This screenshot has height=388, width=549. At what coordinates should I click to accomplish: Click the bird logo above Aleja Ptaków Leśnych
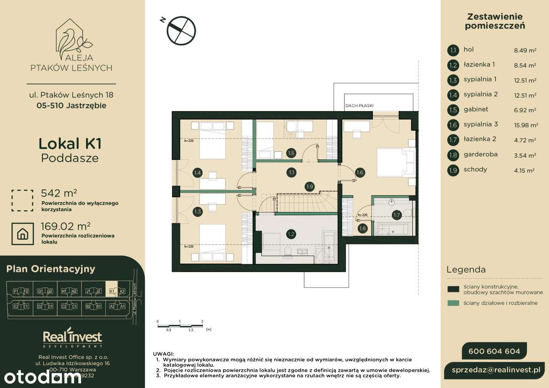coord(71,36)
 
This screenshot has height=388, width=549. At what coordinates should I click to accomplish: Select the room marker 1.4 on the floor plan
coord(197,173)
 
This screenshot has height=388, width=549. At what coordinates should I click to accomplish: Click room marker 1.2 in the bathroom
coord(291,234)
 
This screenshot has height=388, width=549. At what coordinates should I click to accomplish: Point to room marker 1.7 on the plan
coord(396,214)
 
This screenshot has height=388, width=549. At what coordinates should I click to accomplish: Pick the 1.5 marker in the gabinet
coord(291,153)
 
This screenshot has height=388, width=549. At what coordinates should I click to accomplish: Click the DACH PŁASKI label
coord(359,105)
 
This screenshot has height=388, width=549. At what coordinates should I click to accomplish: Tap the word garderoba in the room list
coord(480,154)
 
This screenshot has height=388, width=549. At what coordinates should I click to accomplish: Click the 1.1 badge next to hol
coord(452,50)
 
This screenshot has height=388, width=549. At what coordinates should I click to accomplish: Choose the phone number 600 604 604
coord(494,352)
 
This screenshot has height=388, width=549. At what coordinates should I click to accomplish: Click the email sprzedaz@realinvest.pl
coord(498,370)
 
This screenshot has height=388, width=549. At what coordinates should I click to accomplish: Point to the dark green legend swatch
coord(453,289)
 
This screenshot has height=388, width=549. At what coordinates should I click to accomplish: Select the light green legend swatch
coord(453,303)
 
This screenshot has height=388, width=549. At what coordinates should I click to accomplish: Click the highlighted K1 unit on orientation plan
coord(112,291)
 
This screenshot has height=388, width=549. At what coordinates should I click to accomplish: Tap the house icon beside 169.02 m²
coord(22,234)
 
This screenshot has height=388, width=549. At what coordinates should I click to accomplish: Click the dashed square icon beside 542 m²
coord(22,200)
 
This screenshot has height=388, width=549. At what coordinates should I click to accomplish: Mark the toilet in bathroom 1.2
coord(288,251)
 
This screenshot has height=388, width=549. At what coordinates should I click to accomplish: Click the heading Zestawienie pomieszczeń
coord(495,21)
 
